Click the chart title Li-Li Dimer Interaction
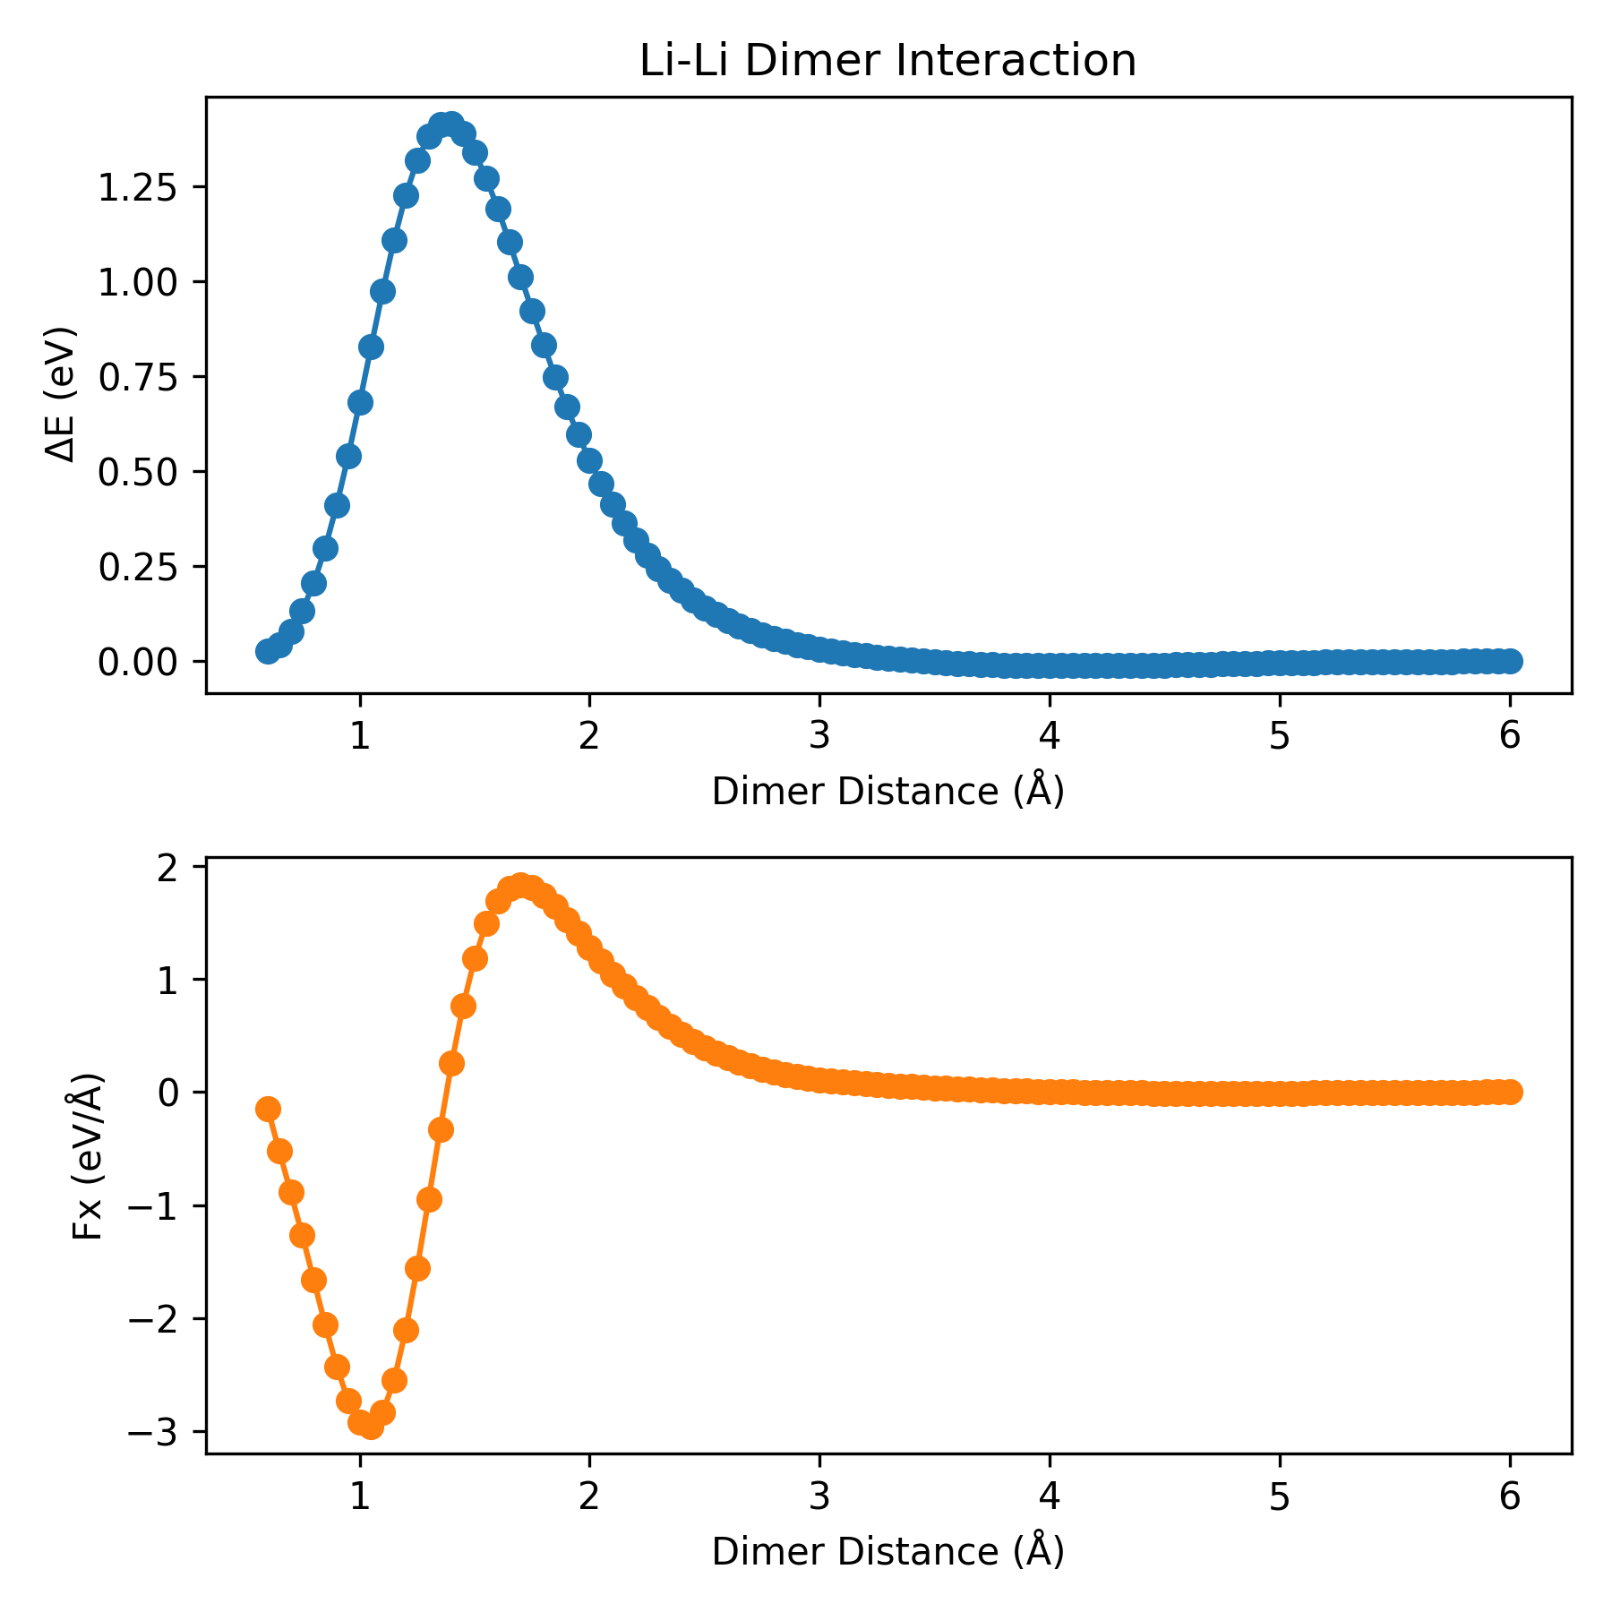pos(887,62)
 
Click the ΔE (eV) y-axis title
pos(61,394)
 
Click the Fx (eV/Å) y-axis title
pos(88,1155)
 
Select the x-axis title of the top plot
pos(887,792)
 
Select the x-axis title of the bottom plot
pos(887,1552)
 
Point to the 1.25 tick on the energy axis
pos(138,187)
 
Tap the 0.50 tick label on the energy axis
pos(138,471)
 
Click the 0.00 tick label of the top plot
pos(138,662)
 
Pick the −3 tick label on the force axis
pos(154,1432)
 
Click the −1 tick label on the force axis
pos(154,1205)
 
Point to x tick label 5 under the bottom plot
pos(1280,1496)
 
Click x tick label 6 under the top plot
pos(1510,736)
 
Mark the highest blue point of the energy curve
pos(450,124)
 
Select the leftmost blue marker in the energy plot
pos(268,651)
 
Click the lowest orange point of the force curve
pos(371,1427)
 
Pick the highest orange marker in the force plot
pos(520,885)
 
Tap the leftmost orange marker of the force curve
pos(268,1109)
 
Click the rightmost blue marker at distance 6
pos(1510,661)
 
